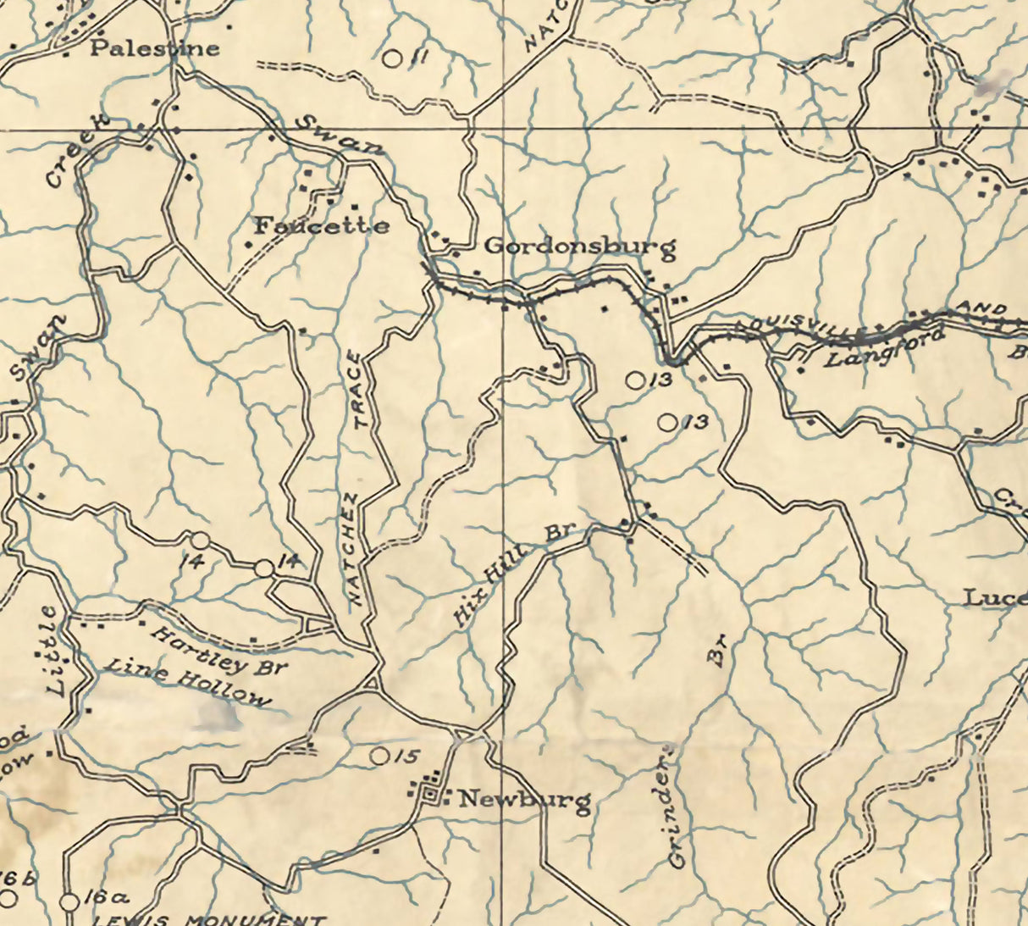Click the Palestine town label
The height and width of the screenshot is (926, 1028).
click(x=154, y=47)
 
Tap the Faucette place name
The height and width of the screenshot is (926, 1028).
click(x=322, y=226)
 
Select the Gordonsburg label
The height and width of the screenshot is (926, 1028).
click(x=580, y=247)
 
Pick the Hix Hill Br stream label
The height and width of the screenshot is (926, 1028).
click(x=512, y=576)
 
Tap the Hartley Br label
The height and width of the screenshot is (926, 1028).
click(x=218, y=651)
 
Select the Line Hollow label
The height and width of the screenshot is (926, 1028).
click(x=186, y=684)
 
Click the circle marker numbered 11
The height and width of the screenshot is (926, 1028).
click(x=391, y=58)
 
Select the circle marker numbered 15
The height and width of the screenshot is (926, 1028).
click(x=380, y=755)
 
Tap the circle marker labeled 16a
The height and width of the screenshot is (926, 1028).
click(x=70, y=901)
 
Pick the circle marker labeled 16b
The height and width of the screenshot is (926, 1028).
click(x=8, y=896)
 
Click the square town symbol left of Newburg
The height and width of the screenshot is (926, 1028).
click(x=432, y=795)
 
